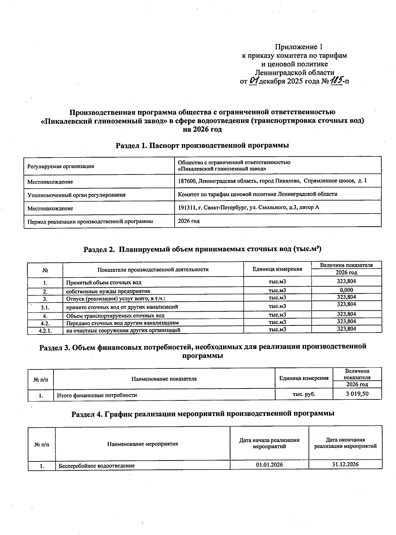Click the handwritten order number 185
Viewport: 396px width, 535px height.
point(337,80)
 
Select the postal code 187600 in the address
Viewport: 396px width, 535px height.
point(185,181)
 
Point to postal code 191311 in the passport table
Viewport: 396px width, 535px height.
point(185,207)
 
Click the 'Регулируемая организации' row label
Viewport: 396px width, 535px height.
point(60,166)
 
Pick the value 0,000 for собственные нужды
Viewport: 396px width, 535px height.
point(346,290)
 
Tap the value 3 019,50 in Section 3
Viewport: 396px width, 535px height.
point(357,394)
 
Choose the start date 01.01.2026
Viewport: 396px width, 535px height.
point(269,465)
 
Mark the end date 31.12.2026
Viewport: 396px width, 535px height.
point(345,464)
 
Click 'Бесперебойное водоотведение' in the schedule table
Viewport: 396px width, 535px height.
point(97,466)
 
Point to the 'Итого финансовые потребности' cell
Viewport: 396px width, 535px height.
point(97,395)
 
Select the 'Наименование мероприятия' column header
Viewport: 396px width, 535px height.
point(142,444)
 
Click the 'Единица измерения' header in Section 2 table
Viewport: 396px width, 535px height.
point(277,269)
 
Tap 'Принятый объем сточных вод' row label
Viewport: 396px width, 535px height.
point(104,283)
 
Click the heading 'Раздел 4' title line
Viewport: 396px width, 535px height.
point(203,413)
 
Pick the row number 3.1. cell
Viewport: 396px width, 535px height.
point(45,307)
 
